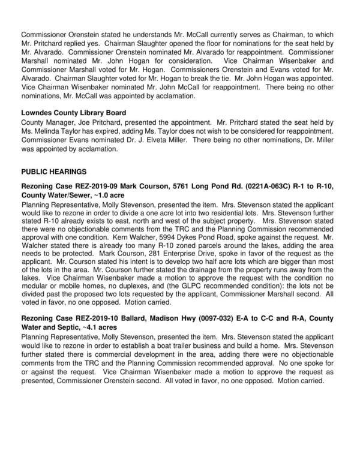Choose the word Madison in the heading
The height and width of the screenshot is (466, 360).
[145, 318]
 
